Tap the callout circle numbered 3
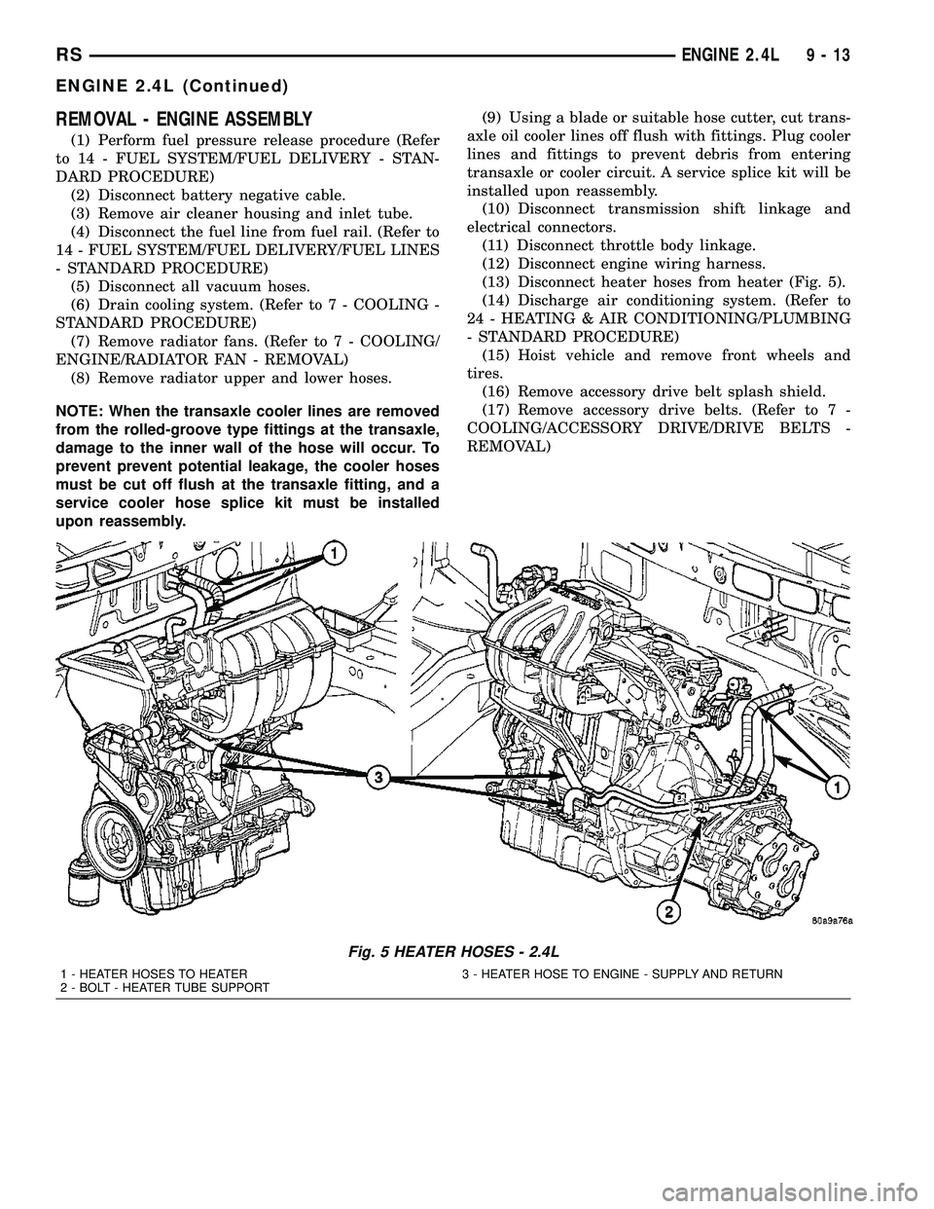coord(377,777)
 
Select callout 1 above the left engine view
coord(332,554)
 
